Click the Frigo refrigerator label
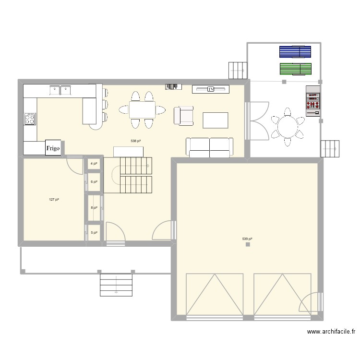point(53,148)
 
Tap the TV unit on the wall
point(210,89)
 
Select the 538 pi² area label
point(136,141)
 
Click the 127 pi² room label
point(54,200)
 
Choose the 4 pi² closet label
point(94,164)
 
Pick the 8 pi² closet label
point(94,208)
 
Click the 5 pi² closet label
point(94,232)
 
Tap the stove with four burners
point(30,119)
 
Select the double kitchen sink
point(60,89)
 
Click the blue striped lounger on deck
point(295,51)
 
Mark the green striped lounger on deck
point(295,69)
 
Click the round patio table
point(288,128)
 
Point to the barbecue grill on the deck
point(313,100)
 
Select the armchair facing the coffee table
point(183,116)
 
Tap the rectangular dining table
point(142,109)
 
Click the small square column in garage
point(248,245)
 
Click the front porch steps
point(116,285)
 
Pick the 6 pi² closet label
point(94,182)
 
